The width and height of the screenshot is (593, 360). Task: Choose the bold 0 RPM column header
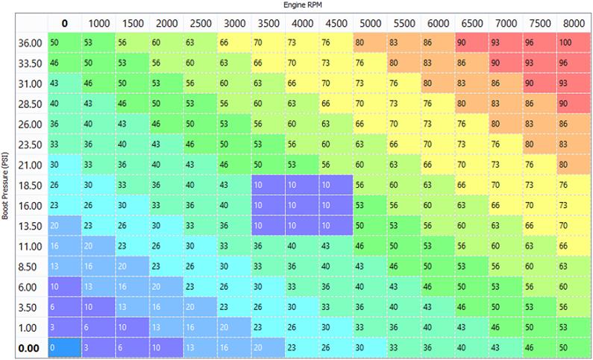coord(65,23)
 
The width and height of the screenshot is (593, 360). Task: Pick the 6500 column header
coord(471,23)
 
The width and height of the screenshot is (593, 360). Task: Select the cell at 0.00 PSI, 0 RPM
coord(65,346)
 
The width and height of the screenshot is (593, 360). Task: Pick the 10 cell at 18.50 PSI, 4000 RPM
coord(302,184)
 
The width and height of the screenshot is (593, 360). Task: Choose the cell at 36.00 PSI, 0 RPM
coord(65,43)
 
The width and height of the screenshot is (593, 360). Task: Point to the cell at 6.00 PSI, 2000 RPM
coord(166,285)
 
